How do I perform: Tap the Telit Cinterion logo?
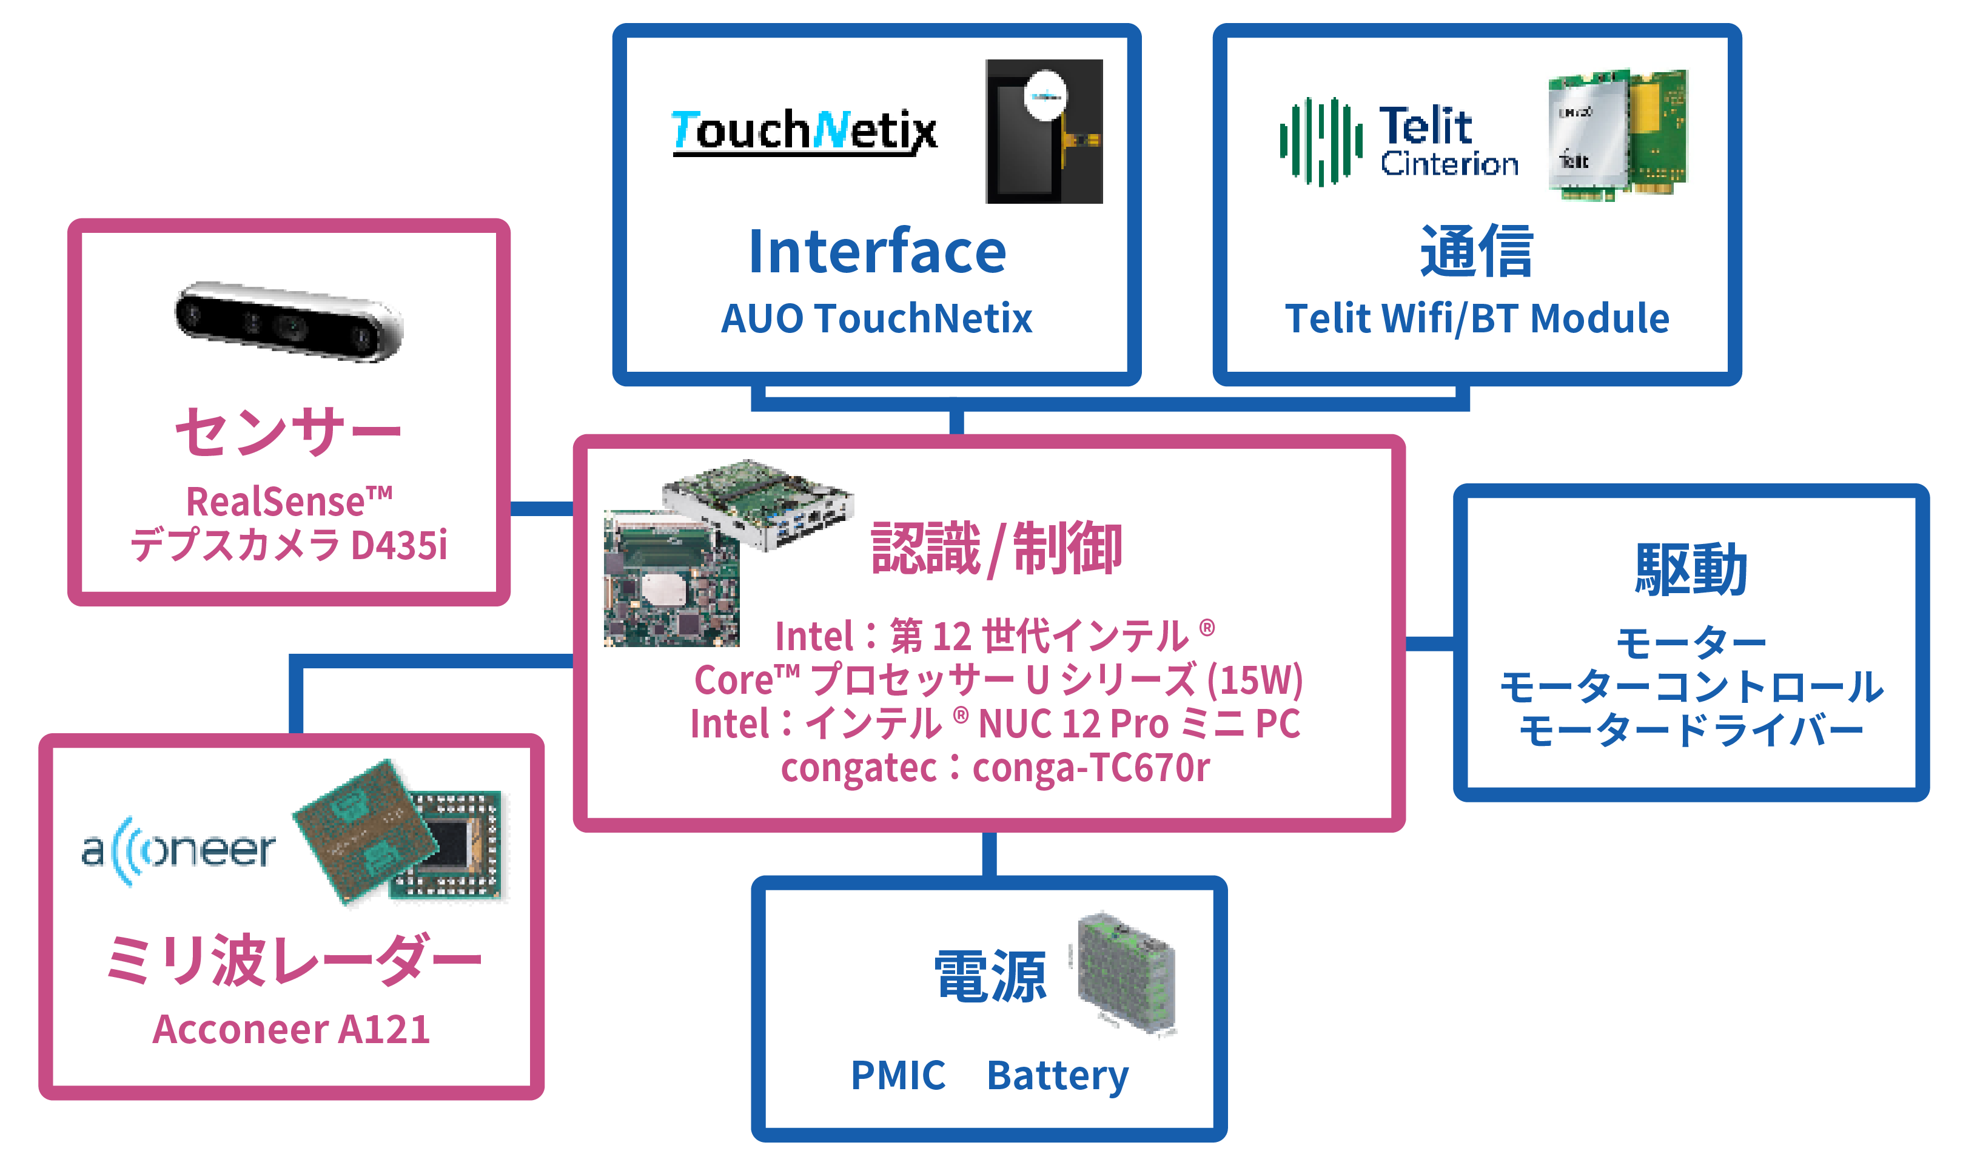pos(1398,141)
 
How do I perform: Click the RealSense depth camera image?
pos(288,321)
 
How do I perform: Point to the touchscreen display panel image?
pos(1044,131)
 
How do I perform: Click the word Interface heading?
pos(877,252)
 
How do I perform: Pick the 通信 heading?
pos(1476,252)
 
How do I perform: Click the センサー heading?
pos(288,431)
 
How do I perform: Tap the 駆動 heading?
pos(1691,569)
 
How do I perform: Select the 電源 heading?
pos(990,976)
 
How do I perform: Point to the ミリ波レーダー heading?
pos(292,960)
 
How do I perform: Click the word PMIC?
pos(898,1075)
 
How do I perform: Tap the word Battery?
pos(1057,1075)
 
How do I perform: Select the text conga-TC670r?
pos(1090,768)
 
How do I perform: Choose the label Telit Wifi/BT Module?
pos(1476,318)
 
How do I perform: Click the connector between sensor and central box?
pos(542,508)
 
